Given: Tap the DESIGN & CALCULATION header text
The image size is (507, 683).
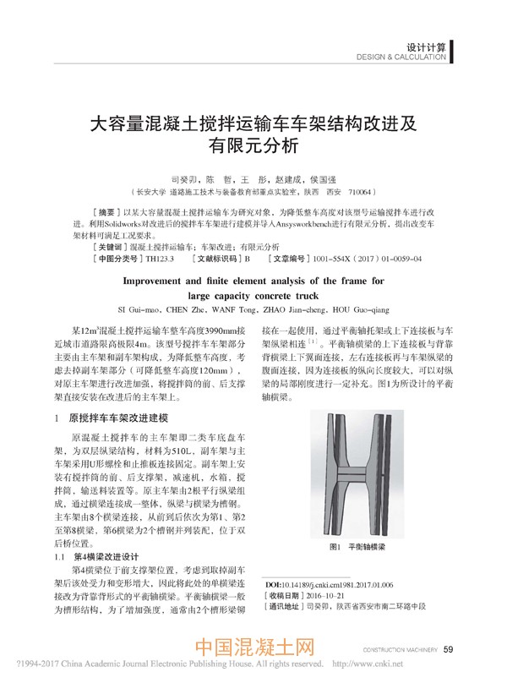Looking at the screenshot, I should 401,58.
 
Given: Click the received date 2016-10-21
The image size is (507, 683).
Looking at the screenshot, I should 332,595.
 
